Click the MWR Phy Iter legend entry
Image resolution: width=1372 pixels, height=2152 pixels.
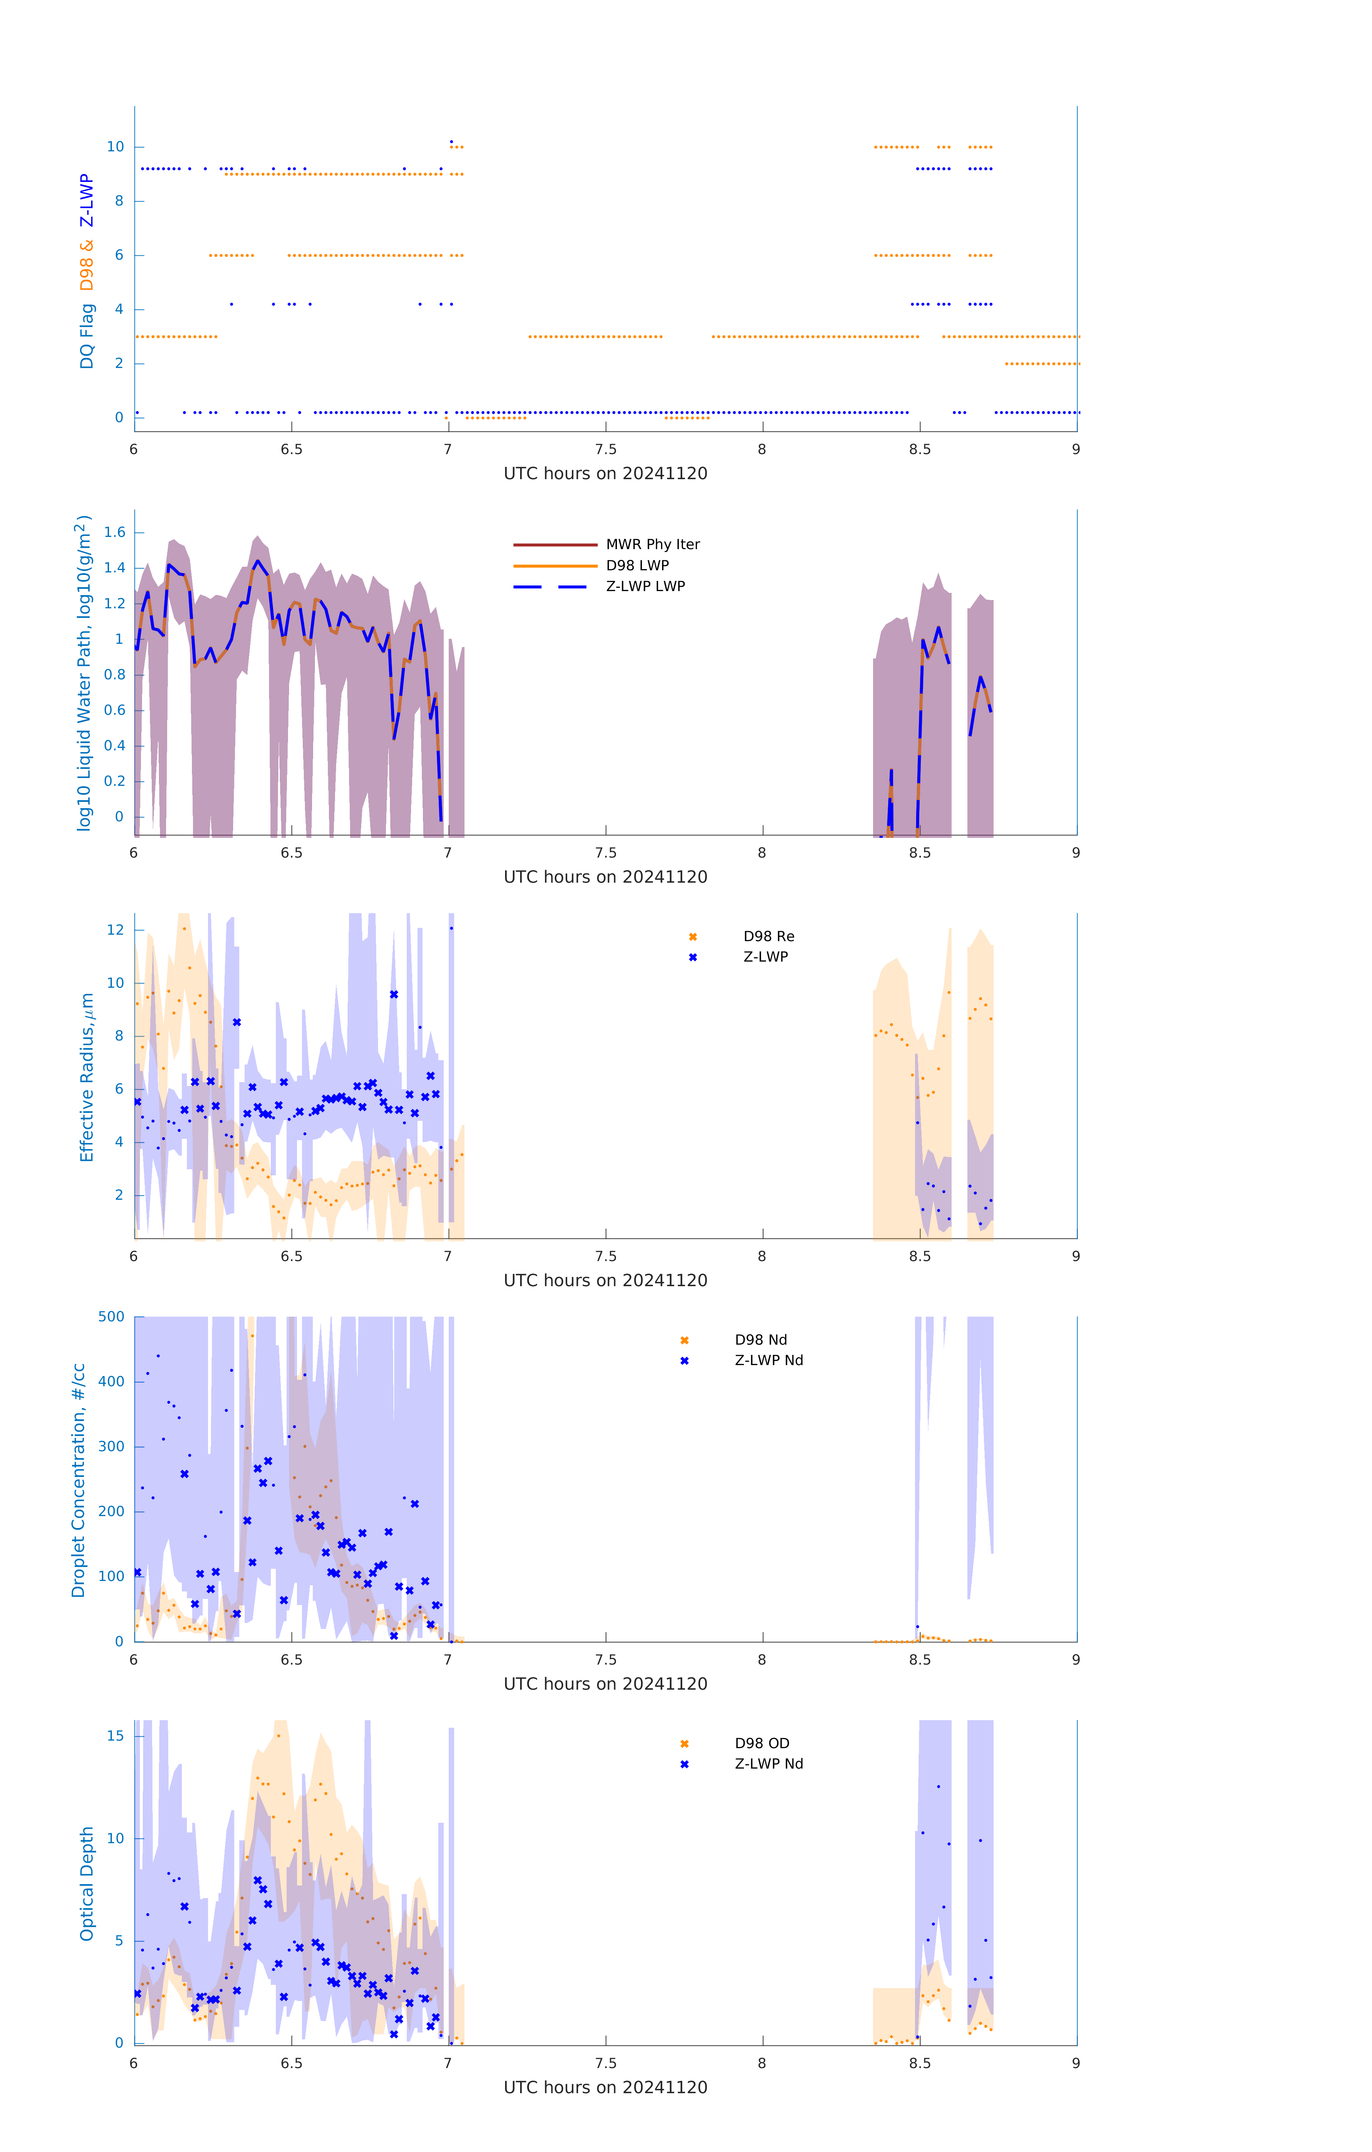tap(652, 544)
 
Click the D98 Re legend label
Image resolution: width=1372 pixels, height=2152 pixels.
tap(768, 936)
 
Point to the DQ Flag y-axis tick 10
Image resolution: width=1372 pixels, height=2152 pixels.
tap(115, 147)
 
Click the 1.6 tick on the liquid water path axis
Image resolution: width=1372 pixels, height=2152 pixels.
tap(114, 533)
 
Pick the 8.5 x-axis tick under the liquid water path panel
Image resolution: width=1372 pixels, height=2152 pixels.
tap(920, 853)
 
